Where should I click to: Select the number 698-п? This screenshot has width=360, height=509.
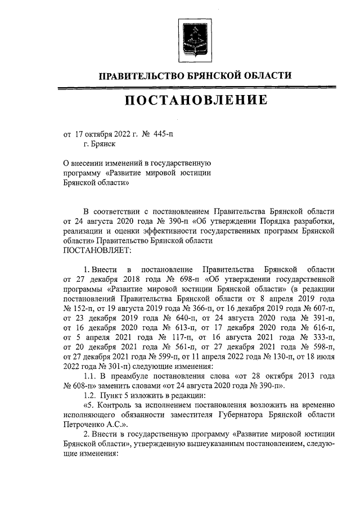click(182, 278)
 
